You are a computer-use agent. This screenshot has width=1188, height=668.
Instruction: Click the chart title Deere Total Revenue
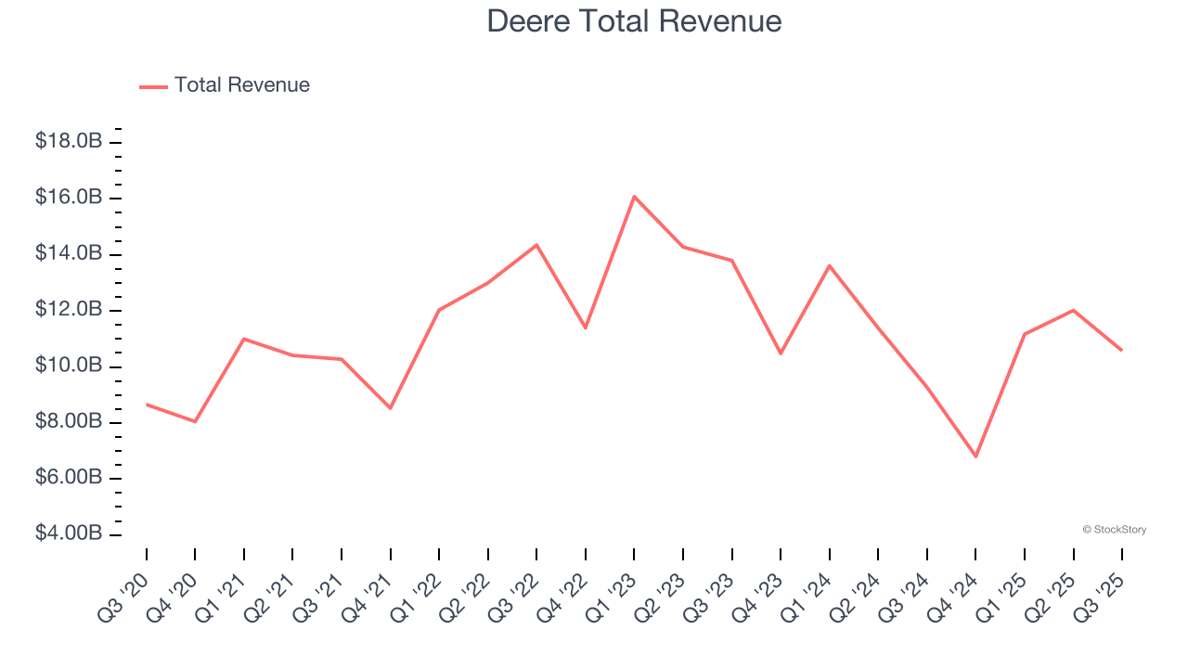634,21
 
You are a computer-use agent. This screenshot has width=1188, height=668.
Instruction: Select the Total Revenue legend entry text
241,85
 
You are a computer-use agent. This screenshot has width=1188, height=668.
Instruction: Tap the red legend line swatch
153,86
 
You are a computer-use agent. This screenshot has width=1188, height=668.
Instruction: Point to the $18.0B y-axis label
68,142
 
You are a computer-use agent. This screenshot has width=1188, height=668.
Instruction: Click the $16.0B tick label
68,198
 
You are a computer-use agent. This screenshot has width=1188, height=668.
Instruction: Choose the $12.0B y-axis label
68,310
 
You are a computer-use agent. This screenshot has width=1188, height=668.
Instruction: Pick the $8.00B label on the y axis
68,422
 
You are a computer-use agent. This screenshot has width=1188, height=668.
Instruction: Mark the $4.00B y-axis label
68,534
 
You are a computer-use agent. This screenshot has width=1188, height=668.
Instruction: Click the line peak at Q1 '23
634,196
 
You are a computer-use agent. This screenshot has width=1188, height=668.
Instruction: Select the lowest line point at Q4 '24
975,456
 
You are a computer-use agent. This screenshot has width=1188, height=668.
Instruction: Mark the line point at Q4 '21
390,408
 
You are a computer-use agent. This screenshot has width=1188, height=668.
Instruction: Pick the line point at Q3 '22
536,245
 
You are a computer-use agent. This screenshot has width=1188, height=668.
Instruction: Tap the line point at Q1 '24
829,265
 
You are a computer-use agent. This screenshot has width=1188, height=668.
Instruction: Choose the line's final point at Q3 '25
1121,350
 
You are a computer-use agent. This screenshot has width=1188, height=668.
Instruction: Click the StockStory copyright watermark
1114,530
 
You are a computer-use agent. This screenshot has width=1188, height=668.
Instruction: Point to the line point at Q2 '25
1073,310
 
